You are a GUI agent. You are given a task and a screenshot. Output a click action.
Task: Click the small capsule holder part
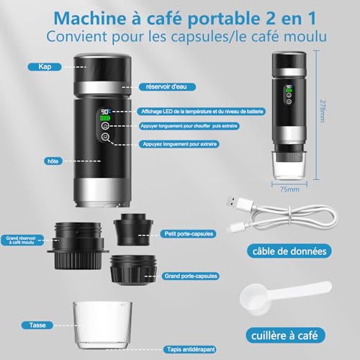coord(135,227)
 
